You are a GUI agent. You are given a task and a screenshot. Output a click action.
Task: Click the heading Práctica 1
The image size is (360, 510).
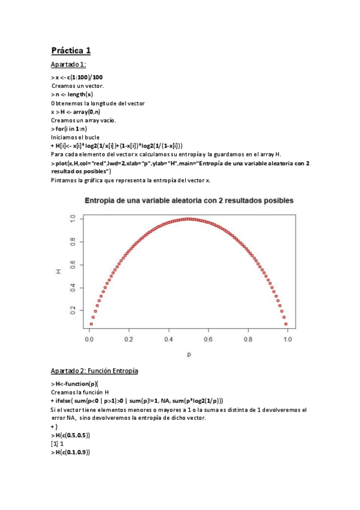[70, 50]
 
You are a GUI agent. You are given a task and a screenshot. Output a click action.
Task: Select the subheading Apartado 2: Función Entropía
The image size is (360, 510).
[94, 371]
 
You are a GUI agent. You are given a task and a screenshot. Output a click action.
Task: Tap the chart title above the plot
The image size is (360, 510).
[189, 200]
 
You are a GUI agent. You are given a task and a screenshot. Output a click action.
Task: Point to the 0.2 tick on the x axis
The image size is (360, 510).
[129, 340]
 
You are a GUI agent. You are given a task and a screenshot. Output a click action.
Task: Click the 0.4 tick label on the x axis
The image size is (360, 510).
[169, 340]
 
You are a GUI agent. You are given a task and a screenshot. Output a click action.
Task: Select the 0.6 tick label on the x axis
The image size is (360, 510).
[208, 340]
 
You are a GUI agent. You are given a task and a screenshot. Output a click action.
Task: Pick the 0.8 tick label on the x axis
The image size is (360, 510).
[248, 340]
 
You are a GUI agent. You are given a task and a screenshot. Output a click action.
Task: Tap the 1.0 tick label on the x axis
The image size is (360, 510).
[287, 340]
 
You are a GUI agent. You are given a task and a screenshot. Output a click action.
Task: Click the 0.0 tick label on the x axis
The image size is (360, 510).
[90, 340]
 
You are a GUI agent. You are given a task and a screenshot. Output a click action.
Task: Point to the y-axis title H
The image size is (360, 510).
[59, 272]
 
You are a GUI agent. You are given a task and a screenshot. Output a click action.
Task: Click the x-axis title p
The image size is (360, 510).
[189, 354]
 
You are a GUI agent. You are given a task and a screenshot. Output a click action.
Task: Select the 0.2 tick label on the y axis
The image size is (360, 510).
[73, 310]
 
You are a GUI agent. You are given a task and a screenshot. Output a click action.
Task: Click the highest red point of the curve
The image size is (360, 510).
[189, 219]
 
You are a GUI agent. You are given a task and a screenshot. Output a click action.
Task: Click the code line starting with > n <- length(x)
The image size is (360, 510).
[72, 94]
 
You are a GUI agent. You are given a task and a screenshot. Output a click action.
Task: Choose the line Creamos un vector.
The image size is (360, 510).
[78, 86]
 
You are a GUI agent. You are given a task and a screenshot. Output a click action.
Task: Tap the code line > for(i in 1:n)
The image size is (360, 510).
[69, 128]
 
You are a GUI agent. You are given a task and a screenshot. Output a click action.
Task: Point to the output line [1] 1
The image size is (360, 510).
[58, 443]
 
